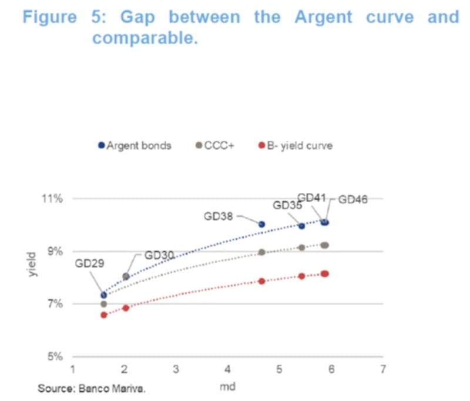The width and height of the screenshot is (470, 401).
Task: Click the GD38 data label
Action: [x=219, y=216]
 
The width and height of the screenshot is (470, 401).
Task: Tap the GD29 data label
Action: [x=89, y=263]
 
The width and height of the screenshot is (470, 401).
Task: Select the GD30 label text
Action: [x=160, y=255]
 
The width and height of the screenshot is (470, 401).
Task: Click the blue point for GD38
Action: [x=262, y=224]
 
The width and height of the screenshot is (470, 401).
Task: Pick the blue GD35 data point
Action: [x=302, y=226]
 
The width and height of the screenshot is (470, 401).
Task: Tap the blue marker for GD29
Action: [x=104, y=295]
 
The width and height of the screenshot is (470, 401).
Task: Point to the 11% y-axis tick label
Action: [x=52, y=198]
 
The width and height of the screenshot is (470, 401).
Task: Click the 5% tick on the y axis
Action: [x=54, y=357]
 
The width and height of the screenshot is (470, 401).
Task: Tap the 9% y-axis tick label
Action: [x=54, y=252]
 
